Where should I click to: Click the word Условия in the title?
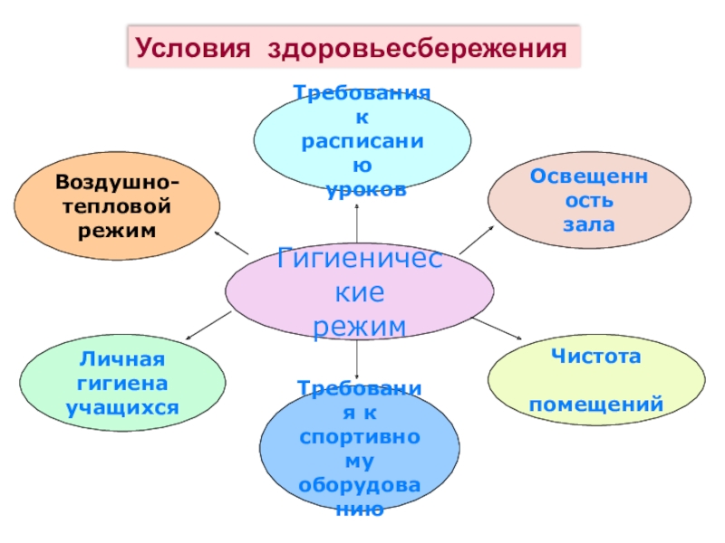coord(191,48)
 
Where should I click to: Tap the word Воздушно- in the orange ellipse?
coord(117,183)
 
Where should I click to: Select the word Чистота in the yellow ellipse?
coord(596,357)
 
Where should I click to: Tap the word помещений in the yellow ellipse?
coord(596,404)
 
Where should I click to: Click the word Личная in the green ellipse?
coord(122,361)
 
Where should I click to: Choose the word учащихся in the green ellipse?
coord(122,408)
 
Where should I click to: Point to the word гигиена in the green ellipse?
coord(122,385)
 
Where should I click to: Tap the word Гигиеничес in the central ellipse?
coord(360,259)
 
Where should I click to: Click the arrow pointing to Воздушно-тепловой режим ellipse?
coord(231,242)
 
